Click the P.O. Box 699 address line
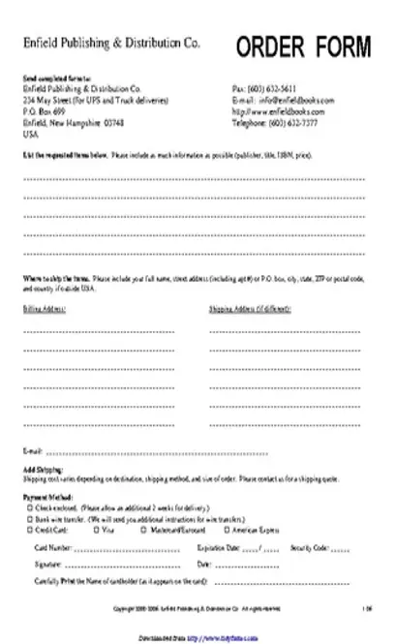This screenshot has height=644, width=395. click(x=43, y=111)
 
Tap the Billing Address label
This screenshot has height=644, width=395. click(x=44, y=310)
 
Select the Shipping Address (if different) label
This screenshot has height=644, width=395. click(x=251, y=310)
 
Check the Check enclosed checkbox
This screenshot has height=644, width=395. click(x=33, y=506)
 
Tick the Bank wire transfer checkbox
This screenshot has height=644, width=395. click(x=33, y=518)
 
